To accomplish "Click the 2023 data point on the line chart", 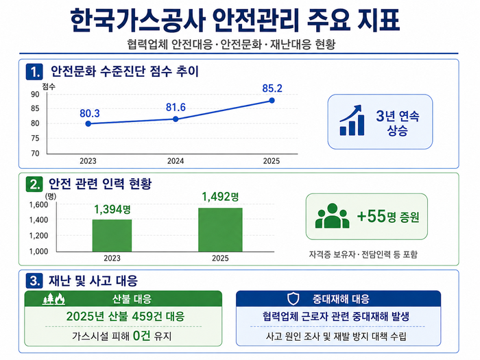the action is (x=88, y=123).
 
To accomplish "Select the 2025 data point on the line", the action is (x=272, y=100).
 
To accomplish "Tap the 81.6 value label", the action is (x=176, y=108).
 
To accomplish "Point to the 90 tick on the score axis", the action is (x=35, y=95).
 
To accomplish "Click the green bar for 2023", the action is (x=112, y=235).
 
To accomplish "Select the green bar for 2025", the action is (x=220, y=230).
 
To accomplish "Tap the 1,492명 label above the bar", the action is (x=220, y=197).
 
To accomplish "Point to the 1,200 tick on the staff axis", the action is (x=38, y=236).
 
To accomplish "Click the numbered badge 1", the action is (x=34, y=72).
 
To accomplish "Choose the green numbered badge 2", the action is (x=34, y=184).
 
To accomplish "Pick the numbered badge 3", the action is (x=34, y=280).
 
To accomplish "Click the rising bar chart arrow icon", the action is (x=352, y=120).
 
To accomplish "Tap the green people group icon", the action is (x=332, y=216).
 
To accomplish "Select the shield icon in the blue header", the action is (x=293, y=298).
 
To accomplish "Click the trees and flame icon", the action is (x=54, y=299).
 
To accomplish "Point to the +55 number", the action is (x=372, y=216).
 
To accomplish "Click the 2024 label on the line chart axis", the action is (x=176, y=161).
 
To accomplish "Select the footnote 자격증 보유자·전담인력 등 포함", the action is (x=363, y=254).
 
